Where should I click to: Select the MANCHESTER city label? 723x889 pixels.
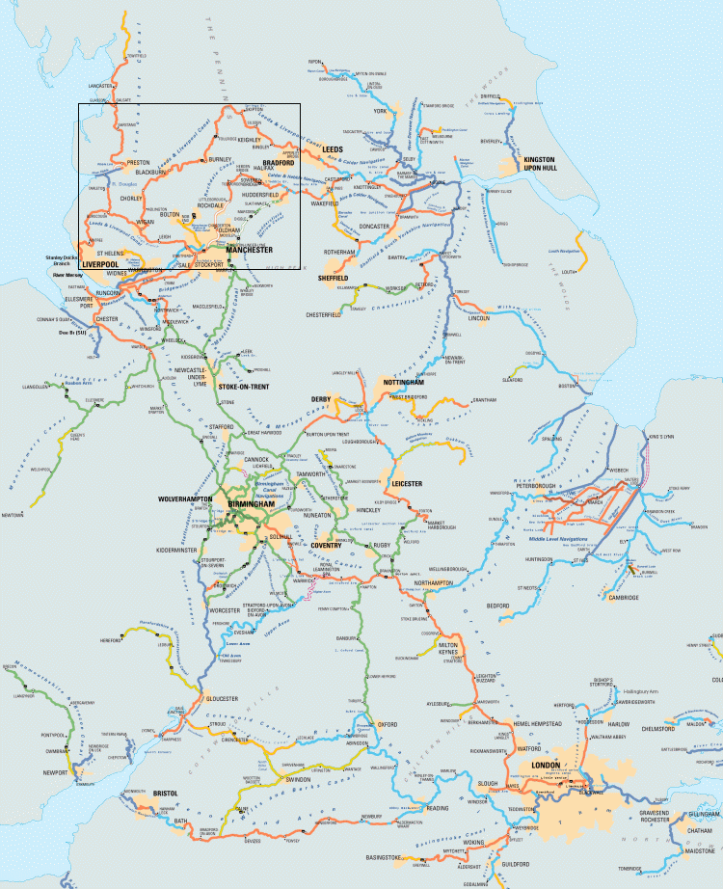[250, 249]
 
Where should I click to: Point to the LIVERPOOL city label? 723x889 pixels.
[100, 263]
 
